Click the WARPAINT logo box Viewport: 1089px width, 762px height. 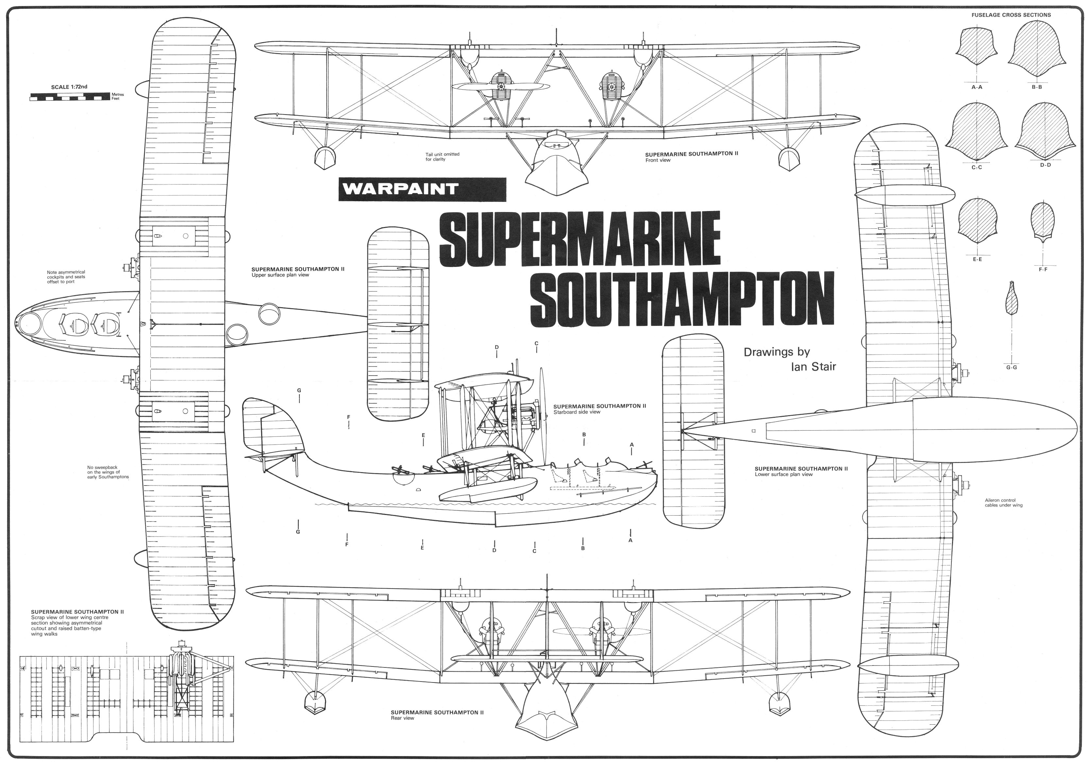(x=422, y=189)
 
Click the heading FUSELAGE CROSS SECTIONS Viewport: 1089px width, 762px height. (x=1011, y=15)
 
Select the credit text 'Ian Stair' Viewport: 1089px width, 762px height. (x=813, y=366)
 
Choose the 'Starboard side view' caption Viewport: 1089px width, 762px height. (x=576, y=412)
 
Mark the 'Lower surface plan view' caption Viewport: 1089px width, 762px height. (x=784, y=474)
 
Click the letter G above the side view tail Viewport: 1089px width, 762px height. (x=299, y=390)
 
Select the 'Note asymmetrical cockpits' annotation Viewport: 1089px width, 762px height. (x=66, y=277)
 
